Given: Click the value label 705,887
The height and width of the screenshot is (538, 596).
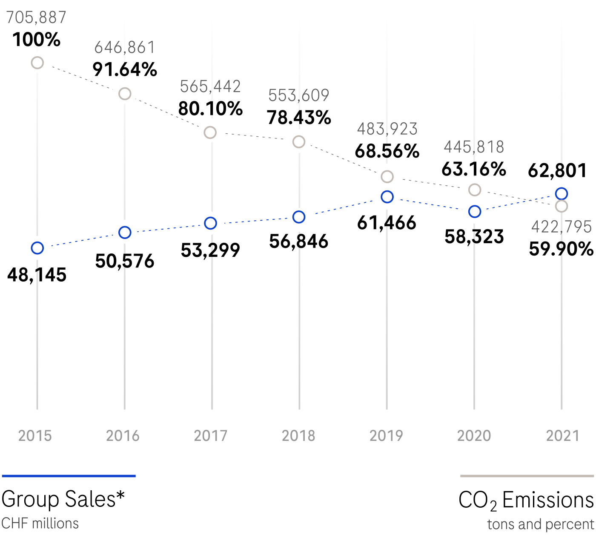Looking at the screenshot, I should (x=36, y=18).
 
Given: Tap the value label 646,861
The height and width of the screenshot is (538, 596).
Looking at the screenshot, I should (x=125, y=48).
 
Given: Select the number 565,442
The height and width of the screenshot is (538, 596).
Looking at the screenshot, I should (x=210, y=86).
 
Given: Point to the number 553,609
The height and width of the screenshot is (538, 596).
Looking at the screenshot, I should (x=299, y=95).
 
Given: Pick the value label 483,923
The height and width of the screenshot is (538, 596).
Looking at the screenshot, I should (x=387, y=129).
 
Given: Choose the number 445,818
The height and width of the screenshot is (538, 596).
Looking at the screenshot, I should (x=474, y=147).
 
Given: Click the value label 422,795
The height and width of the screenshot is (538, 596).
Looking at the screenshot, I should (x=562, y=227).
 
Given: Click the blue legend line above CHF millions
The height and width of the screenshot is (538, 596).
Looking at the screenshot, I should (x=69, y=476).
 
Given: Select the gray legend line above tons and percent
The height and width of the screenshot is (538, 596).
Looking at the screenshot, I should (x=527, y=476).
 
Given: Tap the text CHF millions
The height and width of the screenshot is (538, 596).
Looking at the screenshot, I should (x=40, y=524).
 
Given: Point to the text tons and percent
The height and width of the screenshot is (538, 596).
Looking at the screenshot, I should (x=541, y=524).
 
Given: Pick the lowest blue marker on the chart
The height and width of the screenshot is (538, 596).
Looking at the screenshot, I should (x=37, y=248).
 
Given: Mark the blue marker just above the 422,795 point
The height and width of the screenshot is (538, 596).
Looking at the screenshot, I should (x=562, y=194).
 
